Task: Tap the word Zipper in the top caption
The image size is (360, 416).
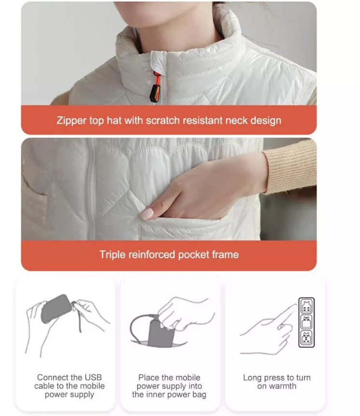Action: coord(71,120)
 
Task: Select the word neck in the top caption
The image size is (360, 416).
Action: coord(231,120)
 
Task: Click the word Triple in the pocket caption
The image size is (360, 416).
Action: coord(112,254)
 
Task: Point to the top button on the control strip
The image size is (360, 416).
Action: coord(306,305)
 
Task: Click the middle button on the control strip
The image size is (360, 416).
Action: coord(306,322)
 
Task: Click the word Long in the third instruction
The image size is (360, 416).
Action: coord(252,377)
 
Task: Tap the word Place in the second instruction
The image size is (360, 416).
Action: coord(148,377)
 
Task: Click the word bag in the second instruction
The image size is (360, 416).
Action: coord(199,395)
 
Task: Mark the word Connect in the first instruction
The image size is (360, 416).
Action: coord(53,377)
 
